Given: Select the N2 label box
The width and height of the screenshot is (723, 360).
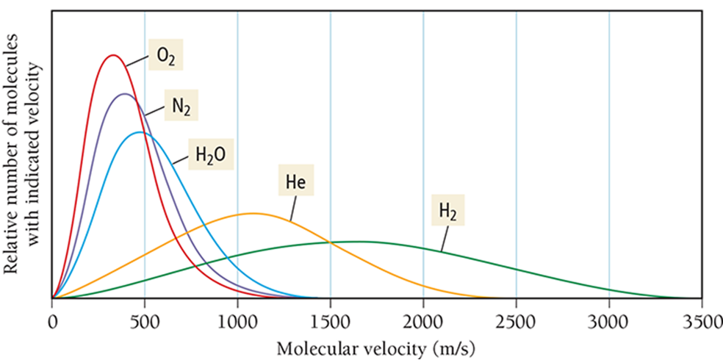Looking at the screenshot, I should point(181,107).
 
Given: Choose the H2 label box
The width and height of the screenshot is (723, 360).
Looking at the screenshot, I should point(447,211).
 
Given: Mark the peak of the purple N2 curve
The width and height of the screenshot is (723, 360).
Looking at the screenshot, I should point(124,94).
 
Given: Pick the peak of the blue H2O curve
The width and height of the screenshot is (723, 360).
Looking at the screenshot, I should point(139,132).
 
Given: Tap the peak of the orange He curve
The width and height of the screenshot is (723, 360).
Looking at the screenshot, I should point(253,213).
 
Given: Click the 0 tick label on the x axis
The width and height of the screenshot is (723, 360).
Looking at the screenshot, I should point(52,321).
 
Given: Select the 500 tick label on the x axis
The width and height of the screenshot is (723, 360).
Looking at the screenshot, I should point(145,321).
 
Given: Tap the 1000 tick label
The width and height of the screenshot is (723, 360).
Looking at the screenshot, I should point(237,321).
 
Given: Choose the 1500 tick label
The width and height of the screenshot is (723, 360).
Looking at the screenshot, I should point(330,321).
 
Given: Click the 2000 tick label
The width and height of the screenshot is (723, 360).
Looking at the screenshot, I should point(423,321).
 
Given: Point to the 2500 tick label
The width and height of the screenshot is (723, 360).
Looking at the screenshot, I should point(516,321).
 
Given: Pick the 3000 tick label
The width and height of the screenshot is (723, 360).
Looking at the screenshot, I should point(608,321).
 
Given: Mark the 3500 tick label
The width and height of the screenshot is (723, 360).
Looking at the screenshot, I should point(701,321).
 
